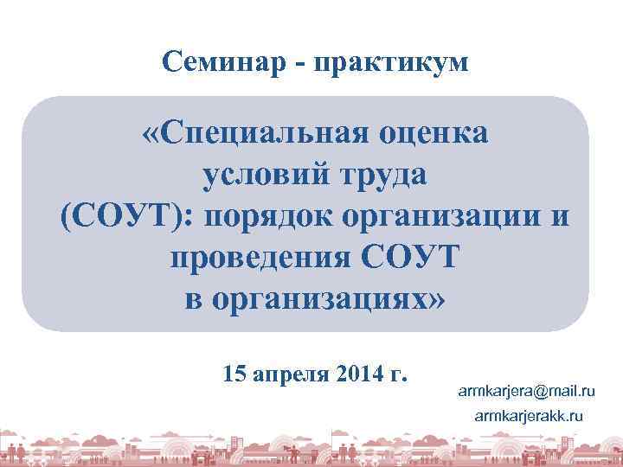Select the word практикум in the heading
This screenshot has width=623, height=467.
[394, 62]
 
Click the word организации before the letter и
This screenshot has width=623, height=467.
[446, 216]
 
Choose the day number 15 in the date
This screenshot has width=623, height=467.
[234, 375]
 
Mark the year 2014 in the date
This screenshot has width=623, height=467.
[364, 375]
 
